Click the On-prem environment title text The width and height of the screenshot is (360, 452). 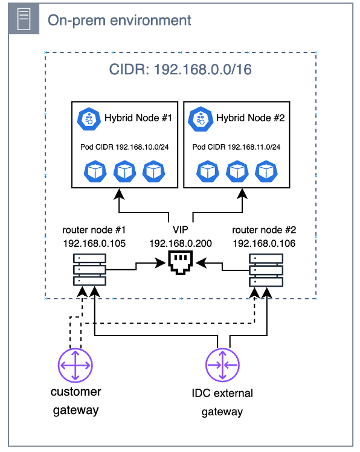(120, 21)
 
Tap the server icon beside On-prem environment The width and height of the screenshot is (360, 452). (24, 19)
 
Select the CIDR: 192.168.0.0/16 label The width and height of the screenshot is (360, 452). (180, 69)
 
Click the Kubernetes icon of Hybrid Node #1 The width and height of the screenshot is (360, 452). (89, 119)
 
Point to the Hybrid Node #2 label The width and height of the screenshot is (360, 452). (251, 118)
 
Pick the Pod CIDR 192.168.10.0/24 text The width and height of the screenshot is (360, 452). (124, 147)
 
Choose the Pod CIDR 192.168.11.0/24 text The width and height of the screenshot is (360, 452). (236, 147)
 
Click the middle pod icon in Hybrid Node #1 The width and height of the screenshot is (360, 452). (124, 171)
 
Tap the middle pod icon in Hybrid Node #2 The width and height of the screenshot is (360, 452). (237, 171)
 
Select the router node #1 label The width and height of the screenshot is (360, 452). (94, 230)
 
